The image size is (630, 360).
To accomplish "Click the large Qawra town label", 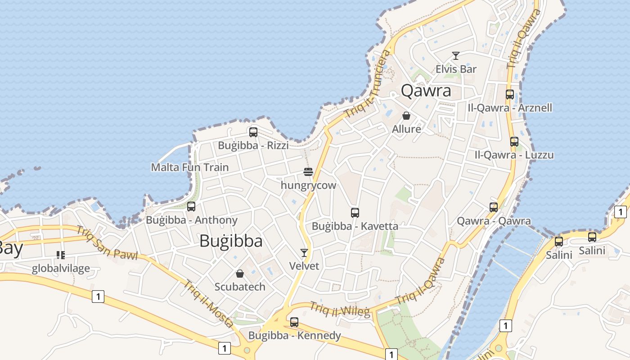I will click(426, 90).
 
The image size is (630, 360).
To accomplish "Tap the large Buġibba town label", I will click(231, 241).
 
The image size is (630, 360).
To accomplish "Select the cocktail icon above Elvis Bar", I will click(456, 56).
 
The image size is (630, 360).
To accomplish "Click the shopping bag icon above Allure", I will click(406, 116).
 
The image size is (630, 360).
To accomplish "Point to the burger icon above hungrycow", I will click(308, 171).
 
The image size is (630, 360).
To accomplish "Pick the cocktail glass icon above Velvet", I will click(304, 252).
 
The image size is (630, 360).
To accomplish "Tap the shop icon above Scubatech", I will click(240, 274).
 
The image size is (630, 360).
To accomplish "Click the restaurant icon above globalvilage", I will click(61, 255).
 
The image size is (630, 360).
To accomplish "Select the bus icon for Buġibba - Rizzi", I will click(253, 132).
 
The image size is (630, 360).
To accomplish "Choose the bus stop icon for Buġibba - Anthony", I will click(191, 207).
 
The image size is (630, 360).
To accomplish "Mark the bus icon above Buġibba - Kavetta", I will click(355, 212).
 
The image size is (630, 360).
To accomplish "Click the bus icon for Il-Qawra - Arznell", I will click(510, 94).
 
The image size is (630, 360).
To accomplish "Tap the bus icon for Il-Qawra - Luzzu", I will click(514, 141).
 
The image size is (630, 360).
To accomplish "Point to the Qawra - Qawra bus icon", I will click(494, 207).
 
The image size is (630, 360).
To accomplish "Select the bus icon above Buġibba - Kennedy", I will click(294, 322).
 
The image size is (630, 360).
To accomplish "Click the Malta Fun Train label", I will click(189, 167).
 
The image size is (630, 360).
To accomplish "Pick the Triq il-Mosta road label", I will click(208, 304).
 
